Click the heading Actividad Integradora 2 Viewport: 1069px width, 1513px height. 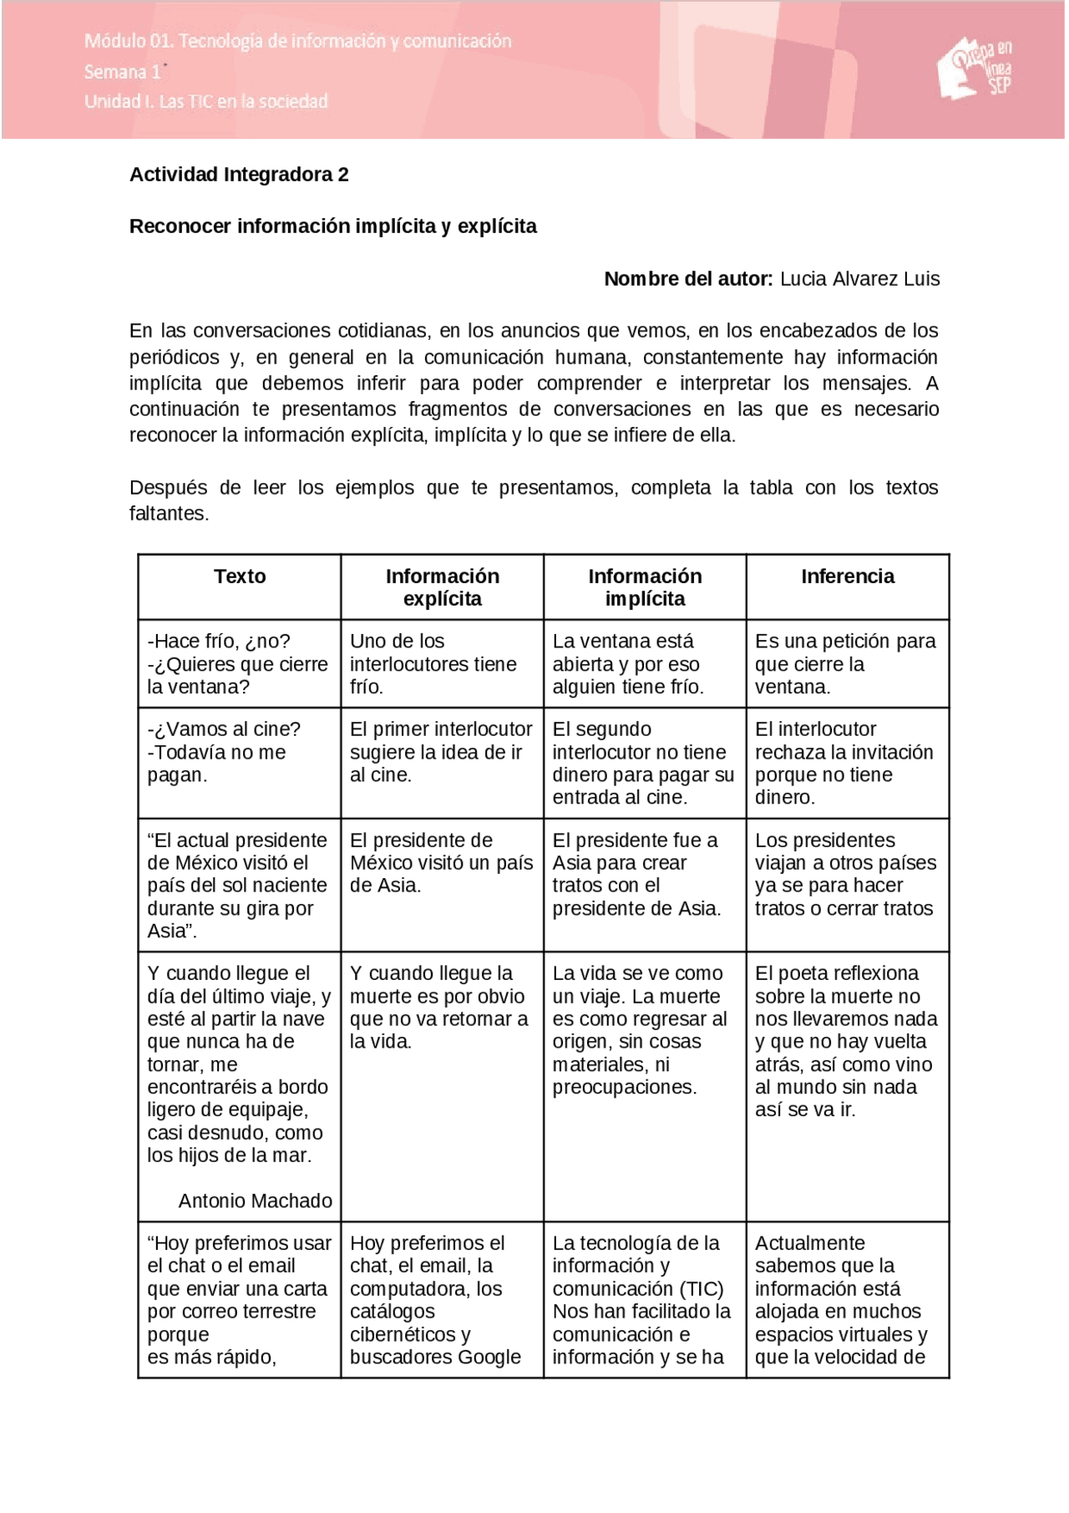pos(239,175)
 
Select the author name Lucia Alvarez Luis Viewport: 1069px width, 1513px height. pos(859,279)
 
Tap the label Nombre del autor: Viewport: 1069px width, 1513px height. pos(688,279)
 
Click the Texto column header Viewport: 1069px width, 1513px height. pos(240,576)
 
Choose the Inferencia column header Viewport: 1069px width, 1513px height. pos(847,576)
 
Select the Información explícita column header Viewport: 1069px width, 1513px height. pos(442,587)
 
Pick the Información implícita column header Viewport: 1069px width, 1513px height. pos(644,587)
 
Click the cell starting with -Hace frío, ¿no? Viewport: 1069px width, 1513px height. pos(238,664)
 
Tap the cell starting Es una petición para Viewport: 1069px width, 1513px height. pos(845,664)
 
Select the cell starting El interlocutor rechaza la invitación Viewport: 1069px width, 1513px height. pos(844,763)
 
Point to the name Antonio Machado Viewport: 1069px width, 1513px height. pos(255,1201)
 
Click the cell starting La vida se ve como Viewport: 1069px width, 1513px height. pos(639,1030)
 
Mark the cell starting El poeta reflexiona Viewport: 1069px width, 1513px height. pos(845,1041)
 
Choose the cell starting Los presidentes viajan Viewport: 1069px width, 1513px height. pos(845,874)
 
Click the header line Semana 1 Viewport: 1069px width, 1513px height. pos(123,72)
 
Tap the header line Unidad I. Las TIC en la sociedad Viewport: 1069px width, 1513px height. pos(205,101)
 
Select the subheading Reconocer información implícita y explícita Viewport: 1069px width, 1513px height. pos(332,226)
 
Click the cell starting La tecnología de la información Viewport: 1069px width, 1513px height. pos(641,1299)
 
